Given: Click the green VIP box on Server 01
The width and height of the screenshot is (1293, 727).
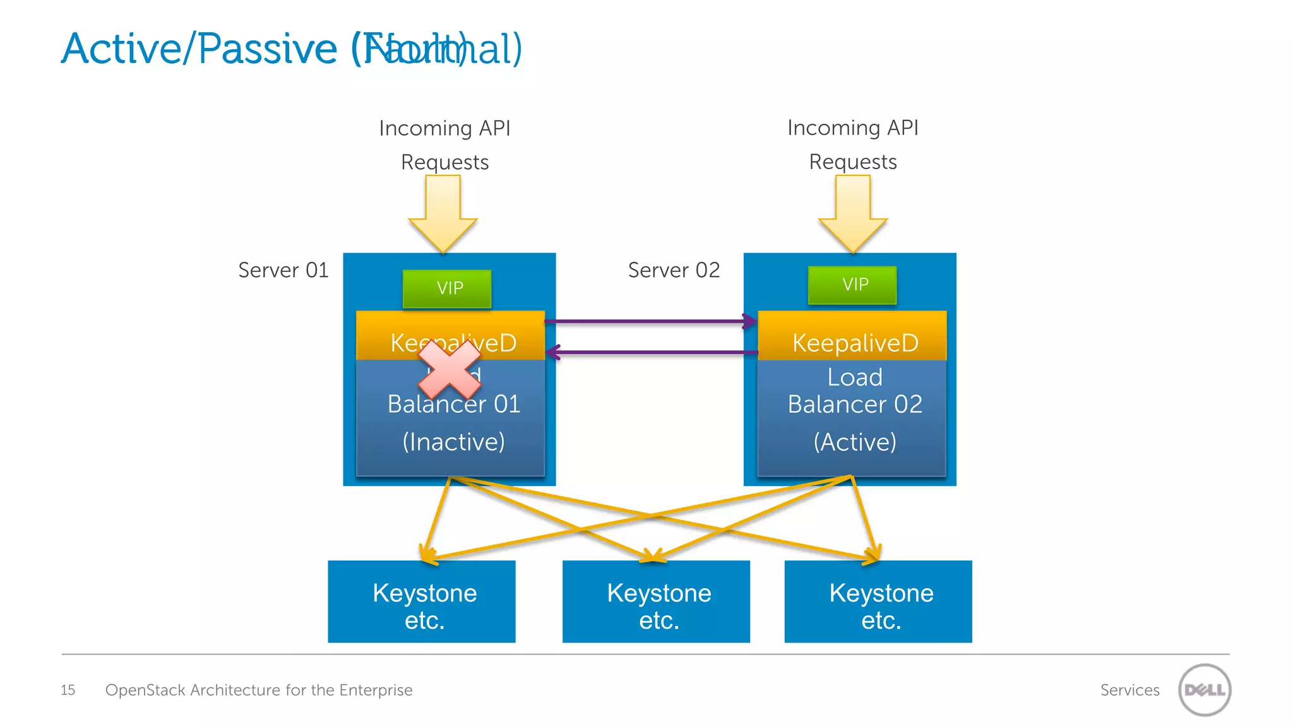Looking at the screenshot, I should [447, 288].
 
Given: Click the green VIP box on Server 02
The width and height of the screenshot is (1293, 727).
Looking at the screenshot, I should [852, 285].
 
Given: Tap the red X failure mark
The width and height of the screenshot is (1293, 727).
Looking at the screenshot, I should [450, 369].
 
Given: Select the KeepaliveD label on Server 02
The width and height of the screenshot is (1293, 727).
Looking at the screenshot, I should [855, 343].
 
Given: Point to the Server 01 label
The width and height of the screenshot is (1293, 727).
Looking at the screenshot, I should [283, 270].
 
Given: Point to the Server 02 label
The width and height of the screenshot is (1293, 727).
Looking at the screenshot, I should [674, 270].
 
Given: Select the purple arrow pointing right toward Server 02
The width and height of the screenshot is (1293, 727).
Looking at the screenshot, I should [650, 321].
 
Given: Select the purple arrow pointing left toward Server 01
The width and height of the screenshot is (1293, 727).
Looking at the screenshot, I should [650, 352].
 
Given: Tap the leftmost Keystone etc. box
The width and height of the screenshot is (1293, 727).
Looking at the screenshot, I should [422, 601].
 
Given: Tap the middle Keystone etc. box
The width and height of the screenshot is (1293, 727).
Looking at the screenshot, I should [656, 601].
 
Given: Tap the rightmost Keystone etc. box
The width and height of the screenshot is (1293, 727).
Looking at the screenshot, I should [878, 601].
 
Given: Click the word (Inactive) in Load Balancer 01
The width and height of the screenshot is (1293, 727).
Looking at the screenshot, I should [453, 442].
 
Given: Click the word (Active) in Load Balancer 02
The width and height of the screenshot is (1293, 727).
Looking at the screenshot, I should [855, 442].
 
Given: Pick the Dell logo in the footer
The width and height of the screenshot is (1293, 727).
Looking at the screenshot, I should [1205, 690].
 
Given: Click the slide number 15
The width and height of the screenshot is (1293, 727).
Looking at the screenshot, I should [68, 690].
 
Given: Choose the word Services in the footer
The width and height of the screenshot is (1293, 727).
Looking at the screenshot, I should [1129, 690].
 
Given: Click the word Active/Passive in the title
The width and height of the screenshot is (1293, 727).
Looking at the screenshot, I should [200, 49].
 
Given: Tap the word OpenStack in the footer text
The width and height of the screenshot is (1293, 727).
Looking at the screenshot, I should [145, 690].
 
